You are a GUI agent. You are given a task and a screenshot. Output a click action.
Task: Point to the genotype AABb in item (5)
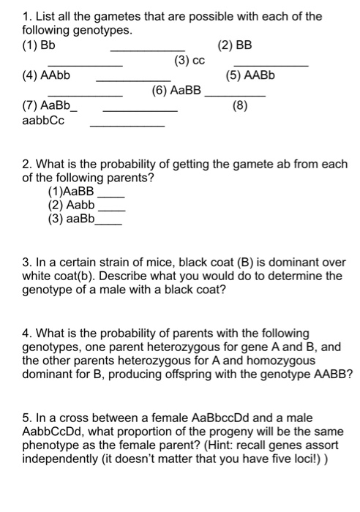pyautogui.click(x=255, y=75)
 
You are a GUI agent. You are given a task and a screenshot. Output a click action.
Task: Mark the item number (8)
pyautogui.click(x=240, y=106)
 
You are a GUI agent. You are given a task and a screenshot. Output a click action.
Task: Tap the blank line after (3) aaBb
pyautogui.click(x=110, y=222)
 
